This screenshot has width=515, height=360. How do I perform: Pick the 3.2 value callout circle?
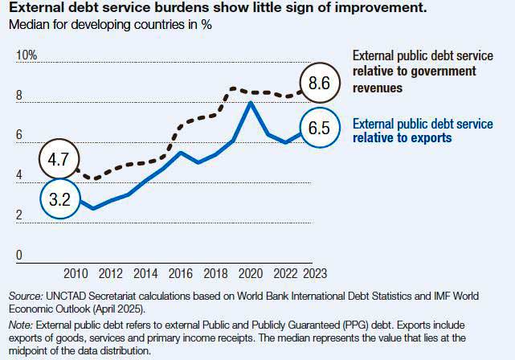click(x=59, y=199)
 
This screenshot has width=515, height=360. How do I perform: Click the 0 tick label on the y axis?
click(x=19, y=256)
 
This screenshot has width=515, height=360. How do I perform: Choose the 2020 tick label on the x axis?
click(x=251, y=273)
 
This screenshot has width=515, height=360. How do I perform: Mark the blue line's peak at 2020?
click(x=251, y=103)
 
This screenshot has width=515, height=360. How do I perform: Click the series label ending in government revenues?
click(x=414, y=71)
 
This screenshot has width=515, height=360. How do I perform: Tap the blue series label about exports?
click(x=423, y=131)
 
